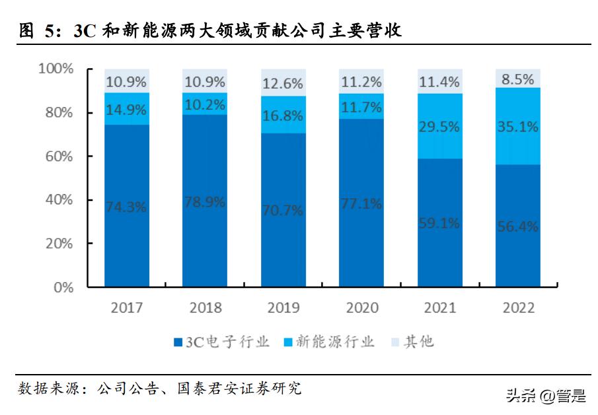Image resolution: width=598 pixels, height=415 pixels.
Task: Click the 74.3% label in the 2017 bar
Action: (126, 206)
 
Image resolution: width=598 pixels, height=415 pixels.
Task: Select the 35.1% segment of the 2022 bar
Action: (518, 126)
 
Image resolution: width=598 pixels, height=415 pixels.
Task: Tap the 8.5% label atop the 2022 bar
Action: (518, 79)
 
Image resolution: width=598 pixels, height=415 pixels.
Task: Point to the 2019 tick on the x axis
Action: (283, 308)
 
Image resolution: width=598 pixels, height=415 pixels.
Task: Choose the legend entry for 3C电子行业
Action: (221, 342)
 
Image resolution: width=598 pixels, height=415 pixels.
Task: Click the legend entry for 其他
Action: (412, 342)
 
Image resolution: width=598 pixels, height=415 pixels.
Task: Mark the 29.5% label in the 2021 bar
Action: (439, 126)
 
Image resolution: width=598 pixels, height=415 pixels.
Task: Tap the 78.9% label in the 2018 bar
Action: (205, 202)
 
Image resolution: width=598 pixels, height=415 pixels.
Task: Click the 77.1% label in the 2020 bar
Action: (361, 204)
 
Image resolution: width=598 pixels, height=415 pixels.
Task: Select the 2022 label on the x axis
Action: (518, 308)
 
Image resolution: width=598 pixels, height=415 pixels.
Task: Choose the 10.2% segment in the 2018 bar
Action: (205, 104)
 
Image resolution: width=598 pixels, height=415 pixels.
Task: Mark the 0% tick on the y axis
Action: (63, 287)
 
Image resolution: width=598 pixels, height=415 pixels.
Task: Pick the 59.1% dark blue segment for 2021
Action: (439, 223)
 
